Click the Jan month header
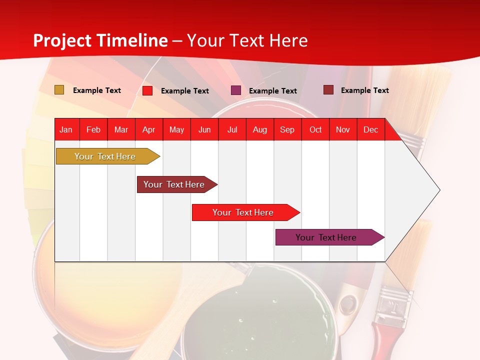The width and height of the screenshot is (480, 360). click(66, 129)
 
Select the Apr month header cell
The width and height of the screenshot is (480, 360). click(148, 129)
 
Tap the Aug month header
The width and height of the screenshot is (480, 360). click(259, 129)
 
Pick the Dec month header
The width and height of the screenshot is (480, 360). click(370, 129)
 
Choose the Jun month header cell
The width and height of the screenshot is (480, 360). click(204, 129)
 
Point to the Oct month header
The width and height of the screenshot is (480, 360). click(315, 129)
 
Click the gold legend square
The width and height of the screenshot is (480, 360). click(59, 90)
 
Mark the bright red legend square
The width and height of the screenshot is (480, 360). click(147, 90)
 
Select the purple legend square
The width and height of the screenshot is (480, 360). click(236, 90)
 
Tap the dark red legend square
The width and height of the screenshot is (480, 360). click(328, 90)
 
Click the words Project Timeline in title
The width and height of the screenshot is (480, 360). click(100, 40)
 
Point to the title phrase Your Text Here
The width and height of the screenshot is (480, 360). click(247, 40)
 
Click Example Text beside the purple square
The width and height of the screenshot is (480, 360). click(272, 90)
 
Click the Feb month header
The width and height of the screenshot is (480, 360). click(93, 129)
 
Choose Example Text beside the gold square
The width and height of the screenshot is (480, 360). click(97, 90)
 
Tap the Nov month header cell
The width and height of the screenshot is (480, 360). click(343, 129)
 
